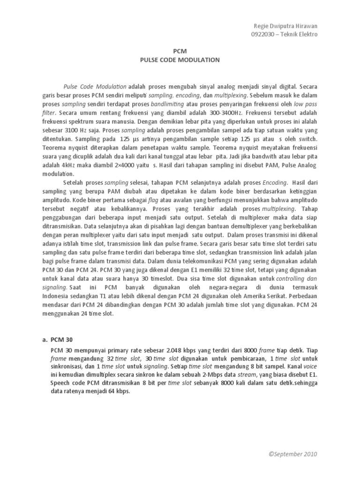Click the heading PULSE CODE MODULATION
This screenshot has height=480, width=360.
point(180,60)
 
